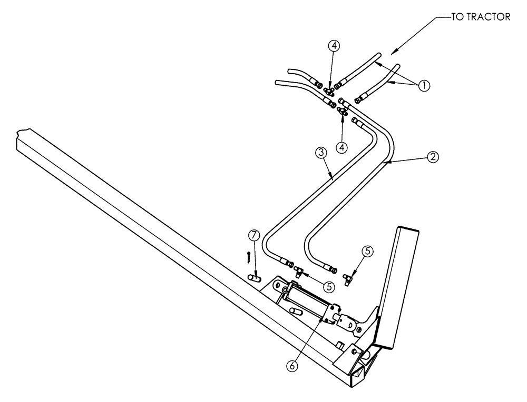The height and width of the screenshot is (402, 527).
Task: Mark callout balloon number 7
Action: click(254, 234)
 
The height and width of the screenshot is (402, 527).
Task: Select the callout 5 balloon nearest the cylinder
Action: click(329, 287)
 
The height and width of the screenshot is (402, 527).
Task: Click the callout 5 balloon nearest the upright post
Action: click(368, 252)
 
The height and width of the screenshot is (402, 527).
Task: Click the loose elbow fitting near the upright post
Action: click(347, 278)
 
